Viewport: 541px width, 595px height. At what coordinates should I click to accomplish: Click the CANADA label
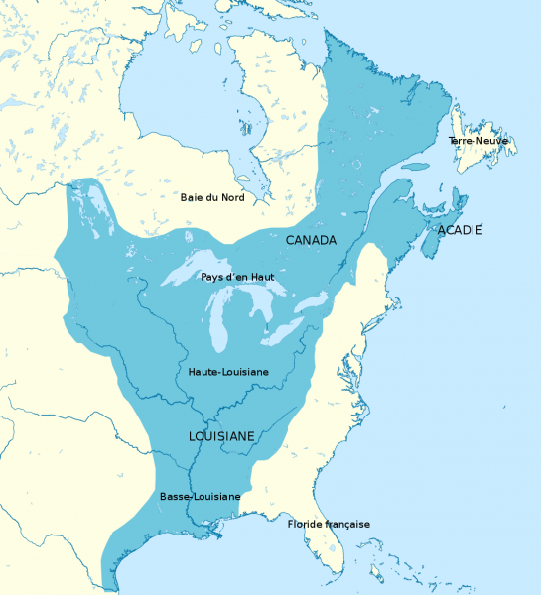pos(311,240)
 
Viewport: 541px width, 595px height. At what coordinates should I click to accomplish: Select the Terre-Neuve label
pos(477,142)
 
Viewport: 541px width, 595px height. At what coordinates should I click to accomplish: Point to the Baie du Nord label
pos(211,197)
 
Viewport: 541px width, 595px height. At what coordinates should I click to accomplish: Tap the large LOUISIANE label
pos(222,435)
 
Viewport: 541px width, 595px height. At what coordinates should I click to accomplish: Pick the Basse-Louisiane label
pos(200,496)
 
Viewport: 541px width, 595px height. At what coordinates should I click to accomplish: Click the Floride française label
pos(328,524)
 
